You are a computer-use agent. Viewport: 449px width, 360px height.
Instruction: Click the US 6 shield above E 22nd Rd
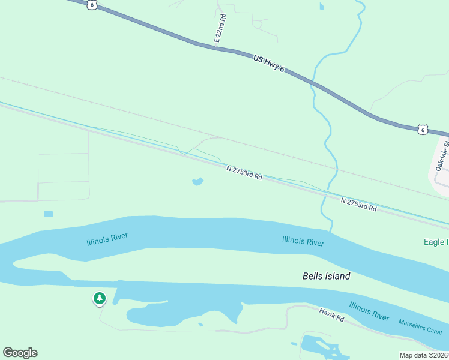[x=92, y=4]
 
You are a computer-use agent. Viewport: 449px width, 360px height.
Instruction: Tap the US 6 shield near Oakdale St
[x=423, y=129]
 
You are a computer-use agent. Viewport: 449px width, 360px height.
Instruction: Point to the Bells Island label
[x=326, y=276]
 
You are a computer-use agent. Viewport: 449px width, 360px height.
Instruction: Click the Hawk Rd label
[x=331, y=314]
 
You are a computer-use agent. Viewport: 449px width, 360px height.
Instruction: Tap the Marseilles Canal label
[x=420, y=327]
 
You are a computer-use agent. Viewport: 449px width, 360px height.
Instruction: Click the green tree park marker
[x=99, y=298]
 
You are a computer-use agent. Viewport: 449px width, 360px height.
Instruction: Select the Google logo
[x=20, y=353]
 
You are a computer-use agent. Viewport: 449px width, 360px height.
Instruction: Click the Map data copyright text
[x=424, y=355]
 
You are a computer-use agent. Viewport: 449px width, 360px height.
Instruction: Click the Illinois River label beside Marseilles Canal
[x=369, y=311]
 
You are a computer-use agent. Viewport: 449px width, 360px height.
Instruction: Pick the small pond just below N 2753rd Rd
[x=197, y=181]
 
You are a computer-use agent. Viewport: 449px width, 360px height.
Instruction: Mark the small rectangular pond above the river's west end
[x=49, y=214]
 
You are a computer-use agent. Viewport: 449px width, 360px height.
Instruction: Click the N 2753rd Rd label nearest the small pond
[x=244, y=173]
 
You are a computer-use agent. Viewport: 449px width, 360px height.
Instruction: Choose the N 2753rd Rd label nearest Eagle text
[x=358, y=205]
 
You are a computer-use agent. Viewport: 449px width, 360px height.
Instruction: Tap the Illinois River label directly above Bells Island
[x=303, y=241]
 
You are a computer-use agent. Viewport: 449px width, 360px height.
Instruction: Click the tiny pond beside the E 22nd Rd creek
[x=322, y=6]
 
